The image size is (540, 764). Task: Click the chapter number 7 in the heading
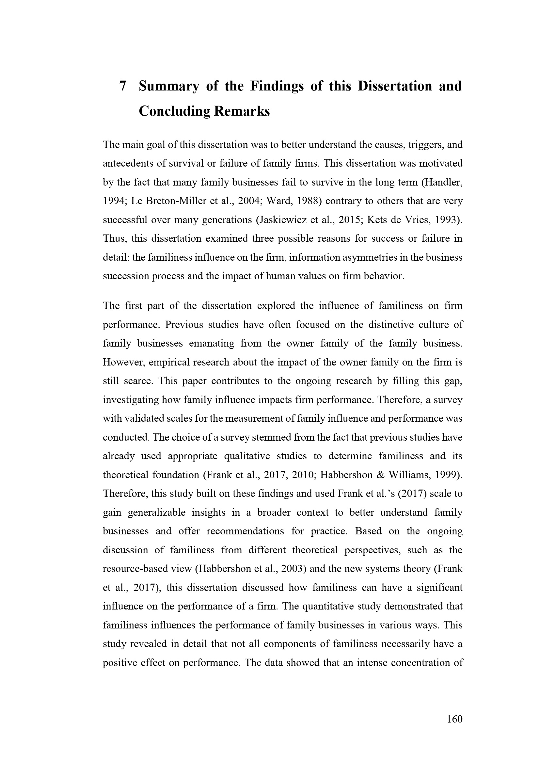tap(123, 86)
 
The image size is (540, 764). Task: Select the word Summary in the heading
tap(168, 86)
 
